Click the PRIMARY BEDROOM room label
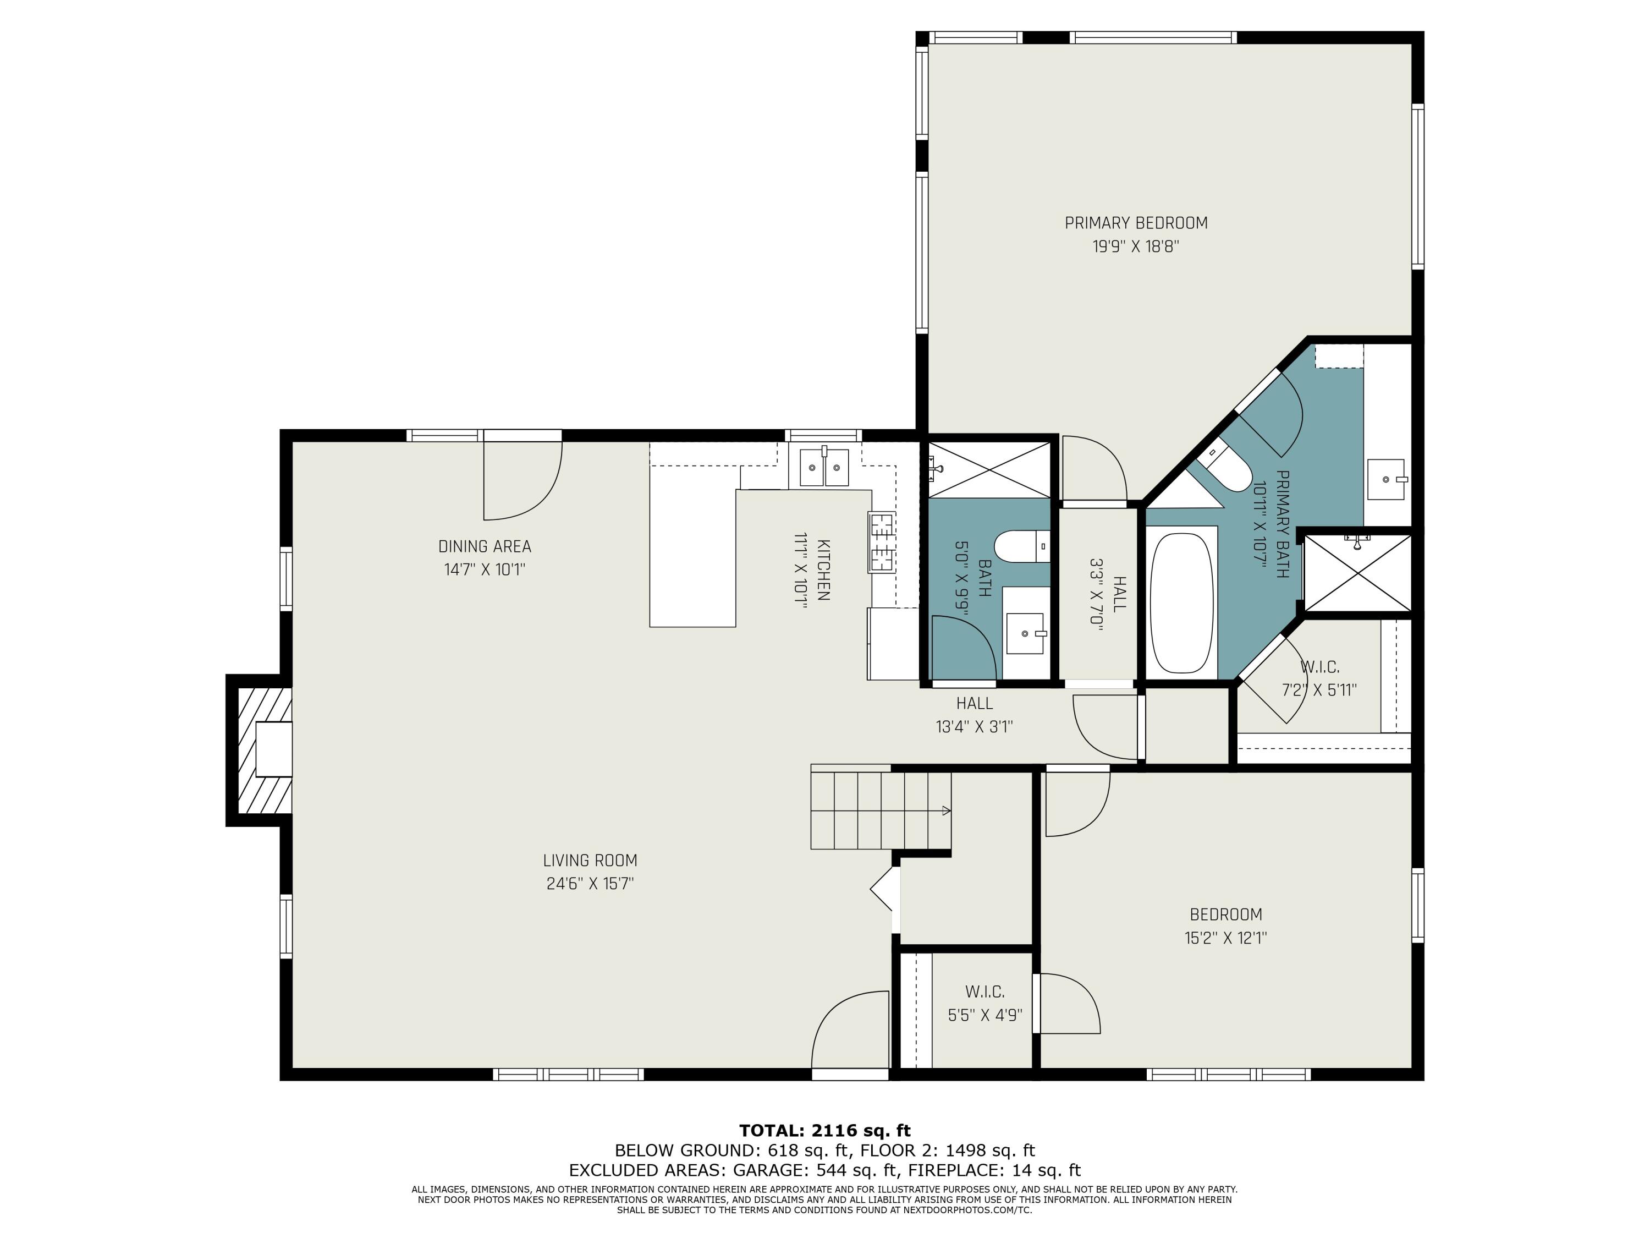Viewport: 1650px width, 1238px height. [1135, 222]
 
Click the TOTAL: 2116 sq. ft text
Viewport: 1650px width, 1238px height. [824, 1131]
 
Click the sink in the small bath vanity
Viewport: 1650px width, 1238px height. [1026, 632]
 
